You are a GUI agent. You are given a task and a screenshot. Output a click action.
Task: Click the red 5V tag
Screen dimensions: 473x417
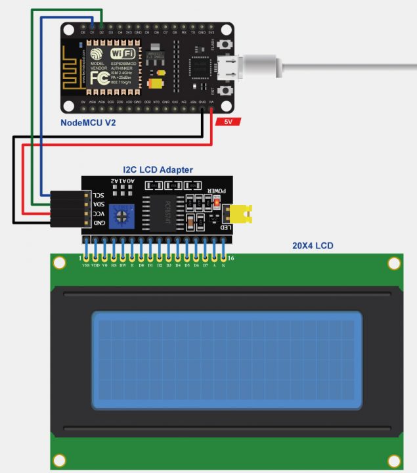tap(227, 122)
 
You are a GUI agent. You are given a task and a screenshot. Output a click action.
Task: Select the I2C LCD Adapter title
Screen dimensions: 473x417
tap(158, 169)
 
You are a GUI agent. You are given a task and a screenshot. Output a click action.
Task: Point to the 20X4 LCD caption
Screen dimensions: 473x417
tap(313, 246)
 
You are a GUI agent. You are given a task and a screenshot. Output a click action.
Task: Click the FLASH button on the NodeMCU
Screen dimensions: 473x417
tap(226, 45)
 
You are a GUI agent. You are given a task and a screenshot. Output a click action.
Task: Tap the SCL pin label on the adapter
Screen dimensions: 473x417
tap(98, 195)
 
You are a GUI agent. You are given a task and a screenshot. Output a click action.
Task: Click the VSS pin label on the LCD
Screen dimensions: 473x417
tap(85, 266)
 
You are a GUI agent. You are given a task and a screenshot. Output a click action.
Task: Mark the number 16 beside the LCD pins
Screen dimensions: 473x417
tap(230, 258)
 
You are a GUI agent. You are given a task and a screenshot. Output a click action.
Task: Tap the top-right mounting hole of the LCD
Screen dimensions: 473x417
tap(394, 263)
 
